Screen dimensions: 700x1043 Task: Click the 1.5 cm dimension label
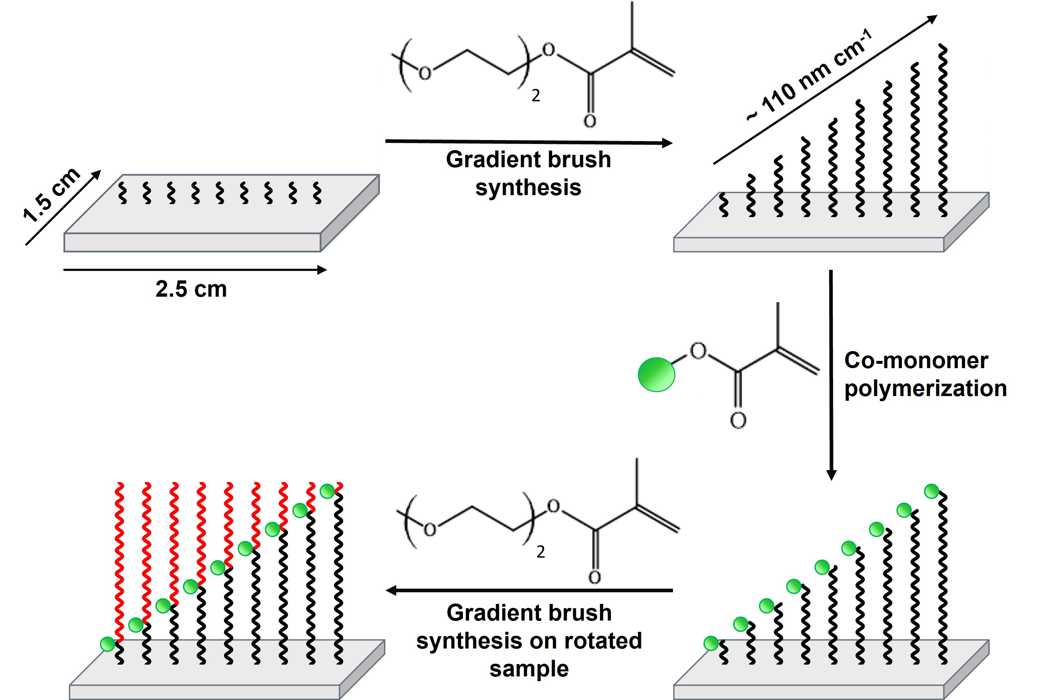click(x=51, y=195)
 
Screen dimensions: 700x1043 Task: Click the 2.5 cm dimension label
click(x=191, y=289)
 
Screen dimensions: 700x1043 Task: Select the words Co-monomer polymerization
click(x=925, y=374)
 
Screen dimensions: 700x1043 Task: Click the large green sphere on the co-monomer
click(x=656, y=375)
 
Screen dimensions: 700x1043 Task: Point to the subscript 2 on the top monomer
click(x=536, y=95)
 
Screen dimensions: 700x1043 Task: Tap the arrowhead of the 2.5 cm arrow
click(x=322, y=269)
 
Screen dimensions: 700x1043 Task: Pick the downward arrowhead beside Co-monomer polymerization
click(x=831, y=475)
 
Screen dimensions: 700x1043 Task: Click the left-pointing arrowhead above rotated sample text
click(x=392, y=590)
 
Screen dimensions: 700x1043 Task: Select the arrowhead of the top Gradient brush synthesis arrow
click(x=667, y=143)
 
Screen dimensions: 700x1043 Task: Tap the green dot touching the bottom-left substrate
click(x=108, y=644)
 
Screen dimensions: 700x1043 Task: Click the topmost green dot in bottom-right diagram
click(x=931, y=491)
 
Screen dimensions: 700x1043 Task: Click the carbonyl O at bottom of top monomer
click(x=590, y=121)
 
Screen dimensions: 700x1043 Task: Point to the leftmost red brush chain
click(x=119, y=563)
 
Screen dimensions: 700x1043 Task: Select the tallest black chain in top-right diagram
click(x=943, y=129)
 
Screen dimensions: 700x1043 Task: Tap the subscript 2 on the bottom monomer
click(x=541, y=552)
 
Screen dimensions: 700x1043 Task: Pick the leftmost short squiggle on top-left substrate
click(x=122, y=193)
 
